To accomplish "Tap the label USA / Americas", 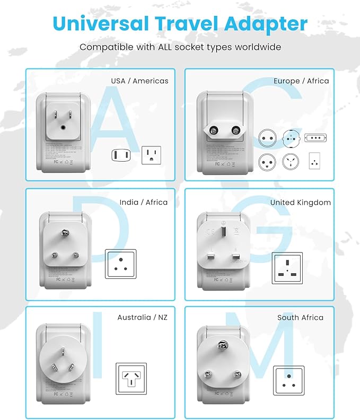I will pos(139,81).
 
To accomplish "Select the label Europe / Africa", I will pos(301,81).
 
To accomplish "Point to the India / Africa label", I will pos(143,202).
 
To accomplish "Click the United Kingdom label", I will pos(300,202).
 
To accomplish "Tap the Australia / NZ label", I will pos(142,317).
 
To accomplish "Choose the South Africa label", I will pos(300,317).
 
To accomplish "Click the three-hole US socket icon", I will pos(151,155).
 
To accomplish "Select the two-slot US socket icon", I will pos(120,155).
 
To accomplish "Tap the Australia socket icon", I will pos(131,379).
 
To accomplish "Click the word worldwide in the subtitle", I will pos(253,47).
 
